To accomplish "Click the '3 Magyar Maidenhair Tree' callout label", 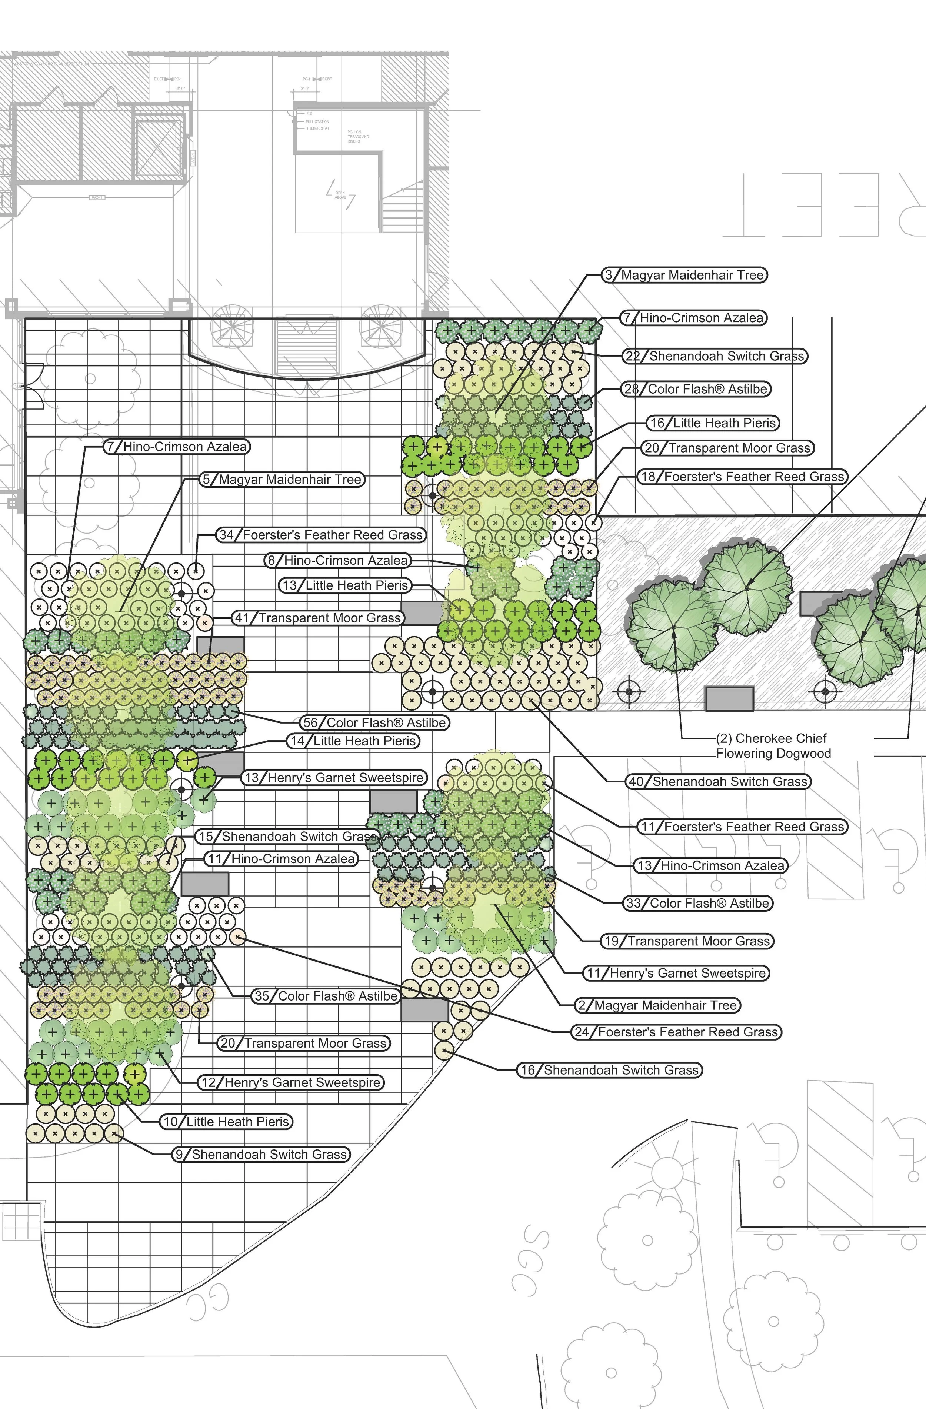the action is coord(684,275).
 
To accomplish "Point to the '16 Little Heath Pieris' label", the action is coord(712,423).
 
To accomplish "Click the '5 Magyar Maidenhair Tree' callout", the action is coord(282,480).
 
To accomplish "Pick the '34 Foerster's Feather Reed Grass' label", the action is coord(322,535).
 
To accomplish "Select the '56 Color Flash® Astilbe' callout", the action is coord(374,723).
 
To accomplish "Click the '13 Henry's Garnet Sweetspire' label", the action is coord(334,778).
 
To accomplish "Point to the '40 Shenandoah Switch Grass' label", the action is coord(718,781).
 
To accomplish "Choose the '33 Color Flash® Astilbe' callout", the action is coord(699,904).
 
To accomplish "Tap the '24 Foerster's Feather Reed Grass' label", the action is coord(676,1032).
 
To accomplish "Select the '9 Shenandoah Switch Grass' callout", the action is coord(261,1155).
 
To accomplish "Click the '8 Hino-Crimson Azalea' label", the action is coord(337,561).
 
